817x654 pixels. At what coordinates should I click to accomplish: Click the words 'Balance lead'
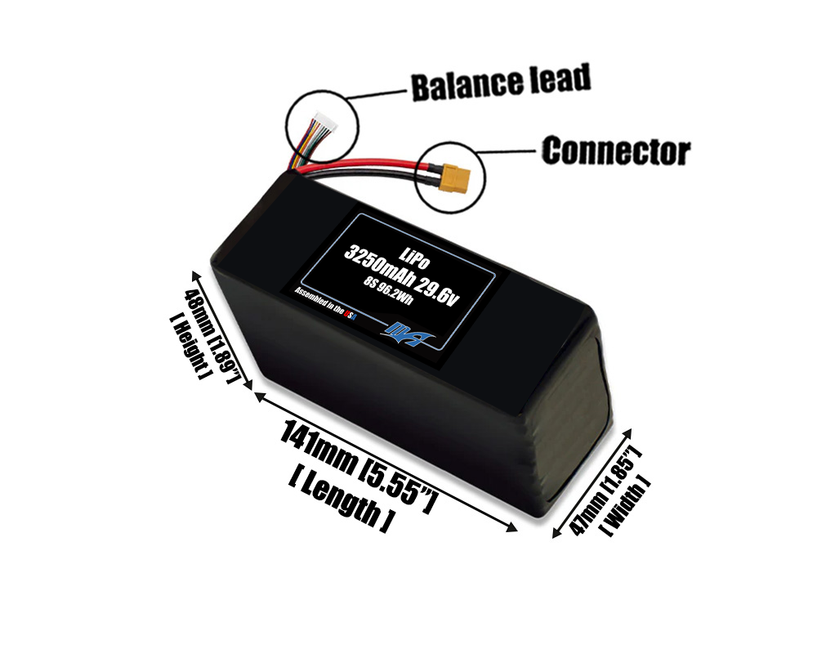(500, 83)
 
